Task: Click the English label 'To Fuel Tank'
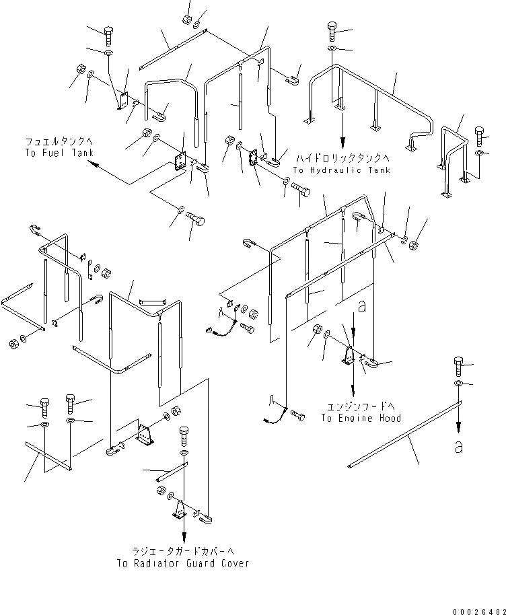(55, 153)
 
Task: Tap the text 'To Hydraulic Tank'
(341, 170)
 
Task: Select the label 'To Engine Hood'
(361, 418)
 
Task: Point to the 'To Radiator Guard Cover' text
(182, 563)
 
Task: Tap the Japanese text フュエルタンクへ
(56, 142)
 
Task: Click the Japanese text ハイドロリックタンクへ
(341, 159)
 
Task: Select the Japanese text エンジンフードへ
(361, 407)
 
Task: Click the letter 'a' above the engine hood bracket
(362, 307)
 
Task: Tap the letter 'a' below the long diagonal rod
(458, 447)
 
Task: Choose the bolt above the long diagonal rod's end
(458, 363)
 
